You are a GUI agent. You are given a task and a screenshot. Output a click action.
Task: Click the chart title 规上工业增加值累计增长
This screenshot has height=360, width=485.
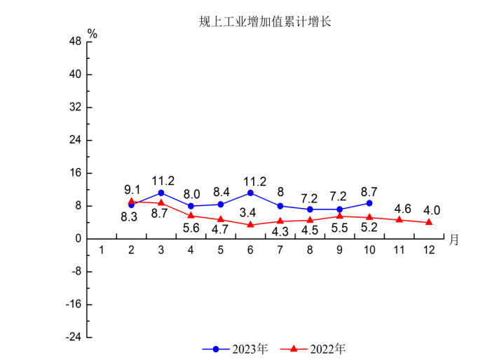point(264,22)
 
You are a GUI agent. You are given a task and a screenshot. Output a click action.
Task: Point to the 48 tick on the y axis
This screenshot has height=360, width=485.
point(75,41)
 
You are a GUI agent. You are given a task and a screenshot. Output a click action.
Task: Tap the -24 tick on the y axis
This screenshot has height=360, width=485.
point(73,338)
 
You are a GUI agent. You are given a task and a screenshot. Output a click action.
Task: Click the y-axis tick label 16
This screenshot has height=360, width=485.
point(75,173)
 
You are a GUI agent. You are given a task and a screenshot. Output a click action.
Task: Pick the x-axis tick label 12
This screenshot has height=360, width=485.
point(429,251)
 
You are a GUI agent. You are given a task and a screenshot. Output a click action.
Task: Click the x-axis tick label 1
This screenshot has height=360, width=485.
point(102,251)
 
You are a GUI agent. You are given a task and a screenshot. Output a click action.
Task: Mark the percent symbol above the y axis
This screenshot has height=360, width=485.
point(92,33)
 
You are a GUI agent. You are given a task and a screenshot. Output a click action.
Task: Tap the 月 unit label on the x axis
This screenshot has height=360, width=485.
point(454,240)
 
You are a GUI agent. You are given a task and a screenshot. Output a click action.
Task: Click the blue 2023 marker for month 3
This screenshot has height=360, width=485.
point(161,193)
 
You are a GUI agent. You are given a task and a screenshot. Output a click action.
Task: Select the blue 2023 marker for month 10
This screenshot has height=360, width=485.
point(369,203)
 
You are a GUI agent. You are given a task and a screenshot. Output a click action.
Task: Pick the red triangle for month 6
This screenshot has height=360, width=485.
point(250,225)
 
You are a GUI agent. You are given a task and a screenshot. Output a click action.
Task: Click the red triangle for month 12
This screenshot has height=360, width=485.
point(429,222)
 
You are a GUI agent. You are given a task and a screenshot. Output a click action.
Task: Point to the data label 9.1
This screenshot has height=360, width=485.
point(132,190)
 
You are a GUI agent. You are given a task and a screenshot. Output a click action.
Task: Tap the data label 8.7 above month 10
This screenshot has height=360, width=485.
point(369,191)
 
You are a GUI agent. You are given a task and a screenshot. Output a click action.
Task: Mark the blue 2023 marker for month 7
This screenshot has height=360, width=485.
point(280,206)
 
